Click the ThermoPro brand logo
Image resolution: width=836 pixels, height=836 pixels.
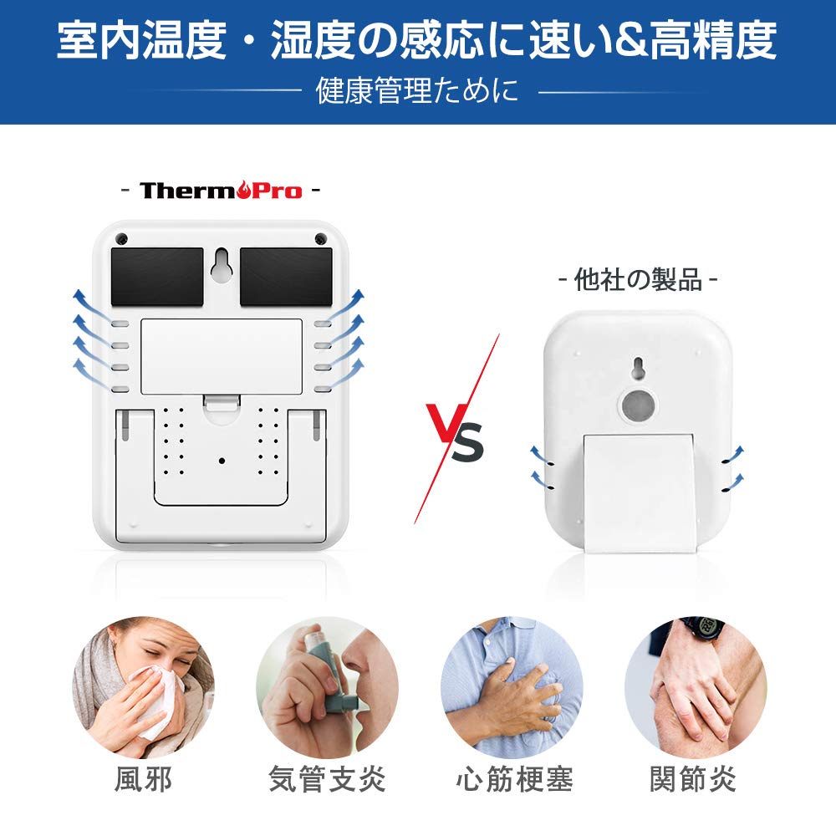point(221,191)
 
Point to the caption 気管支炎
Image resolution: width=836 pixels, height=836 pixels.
point(327,780)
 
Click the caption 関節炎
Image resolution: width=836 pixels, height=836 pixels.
point(693,780)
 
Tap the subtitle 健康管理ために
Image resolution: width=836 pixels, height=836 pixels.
point(417,90)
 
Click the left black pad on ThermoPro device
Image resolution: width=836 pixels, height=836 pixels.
point(157,277)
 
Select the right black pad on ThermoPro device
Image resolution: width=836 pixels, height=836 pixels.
point(286,277)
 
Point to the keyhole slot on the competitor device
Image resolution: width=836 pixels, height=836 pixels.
point(638,369)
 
